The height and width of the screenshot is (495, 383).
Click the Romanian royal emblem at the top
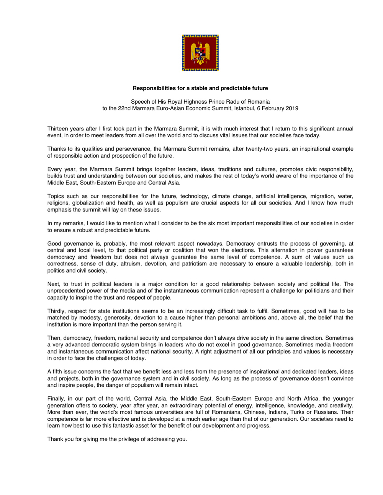click(x=200, y=53)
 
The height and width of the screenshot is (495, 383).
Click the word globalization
click(x=90, y=203)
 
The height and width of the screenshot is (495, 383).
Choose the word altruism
click(x=126, y=264)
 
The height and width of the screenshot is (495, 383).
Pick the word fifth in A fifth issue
click(x=59, y=372)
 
